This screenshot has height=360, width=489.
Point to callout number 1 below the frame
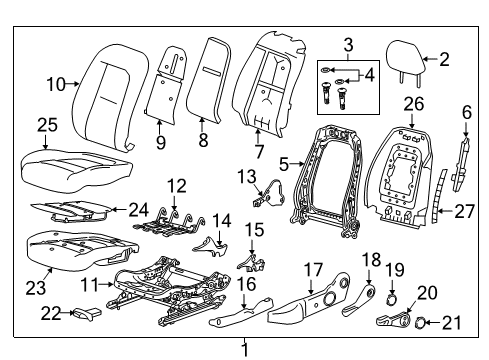pyautogui.click(x=244, y=349)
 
